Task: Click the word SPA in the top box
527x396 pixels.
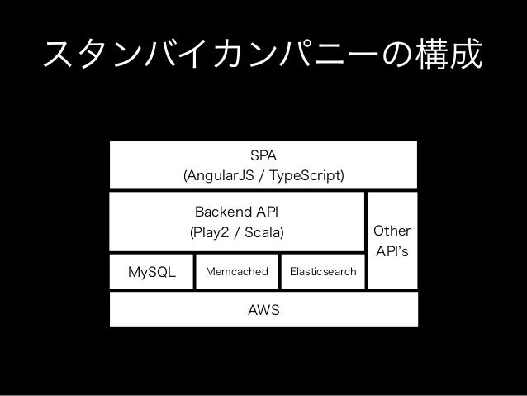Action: [263, 155]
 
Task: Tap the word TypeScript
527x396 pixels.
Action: [306, 175]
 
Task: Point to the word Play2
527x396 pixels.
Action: [211, 232]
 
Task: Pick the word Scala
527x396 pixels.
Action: [263, 232]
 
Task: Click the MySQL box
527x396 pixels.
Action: [152, 271]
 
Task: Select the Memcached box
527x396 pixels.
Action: [237, 271]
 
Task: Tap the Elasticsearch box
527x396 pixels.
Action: [323, 271]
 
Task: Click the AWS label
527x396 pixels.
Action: [263, 310]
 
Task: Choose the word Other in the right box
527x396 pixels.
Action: [392, 231]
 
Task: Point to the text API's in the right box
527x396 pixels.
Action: [392, 251]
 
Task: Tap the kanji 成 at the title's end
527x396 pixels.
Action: [467, 54]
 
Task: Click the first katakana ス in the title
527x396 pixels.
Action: [58, 55]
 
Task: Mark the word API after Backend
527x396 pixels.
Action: [267, 212]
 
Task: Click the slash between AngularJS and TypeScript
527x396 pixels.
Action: [262, 175]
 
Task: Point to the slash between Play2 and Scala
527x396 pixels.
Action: [236, 232]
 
